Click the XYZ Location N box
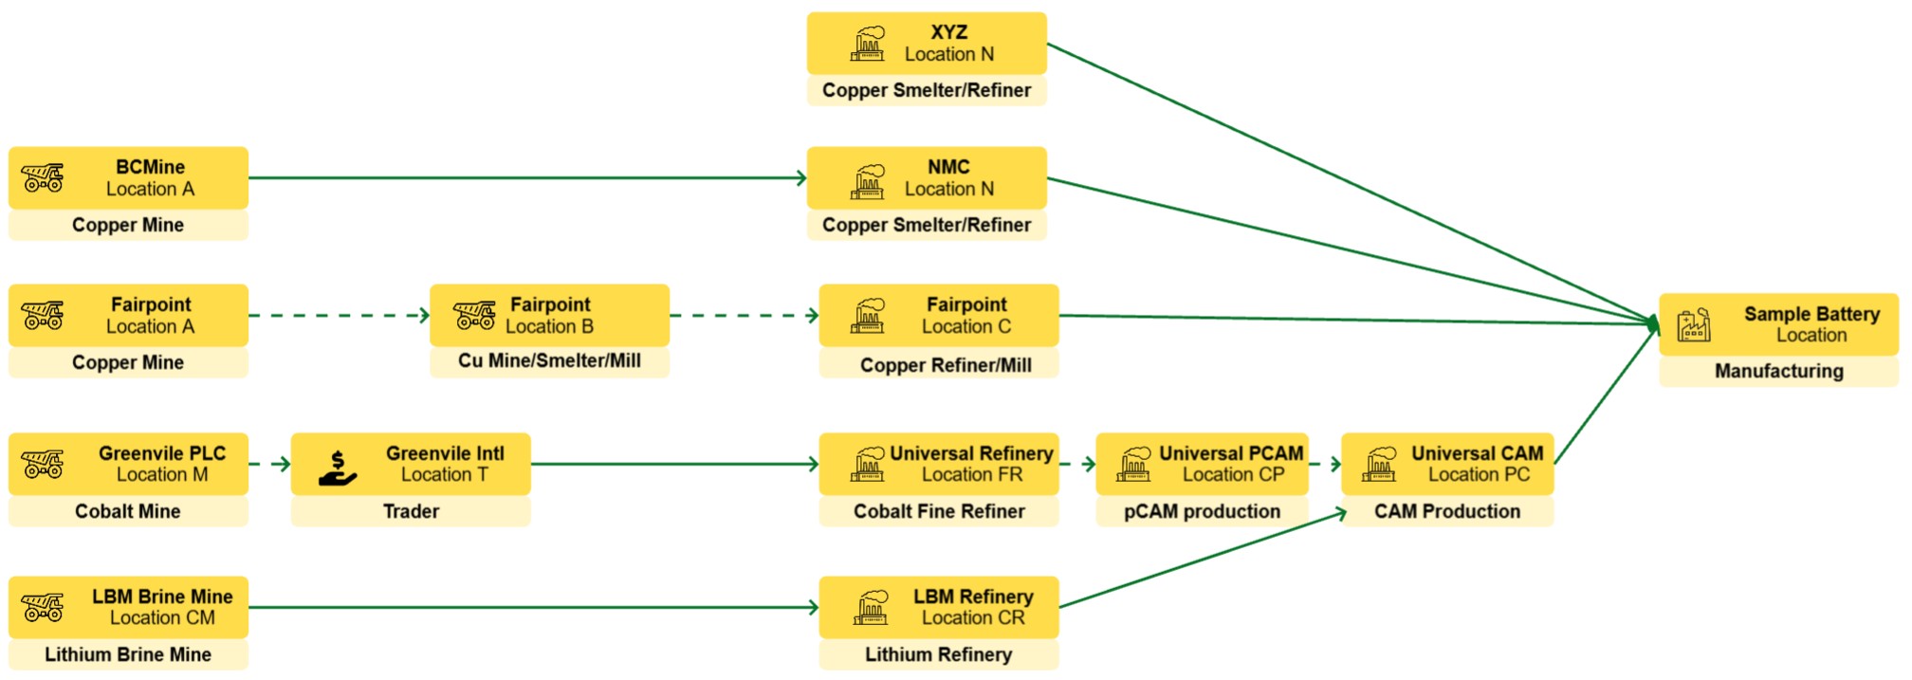pyautogui.click(x=927, y=44)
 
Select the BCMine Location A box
pyautogui.click(x=128, y=178)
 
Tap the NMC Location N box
pyautogui.click(x=927, y=178)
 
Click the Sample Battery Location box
pyautogui.click(x=1778, y=324)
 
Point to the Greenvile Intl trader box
pyautogui.click(x=411, y=465)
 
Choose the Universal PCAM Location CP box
pyautogui.click(x=1202, y=465)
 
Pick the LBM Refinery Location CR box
pyautogui.click(x=939, y=608)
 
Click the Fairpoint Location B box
pyautogui.click(x=549, y=316)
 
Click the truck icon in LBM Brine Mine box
pyautogui.click(x=43, y=607)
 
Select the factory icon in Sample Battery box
pyautogui.click(x=1693, y=324)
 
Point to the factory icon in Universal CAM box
pyautogui.click(x=1379, y=465)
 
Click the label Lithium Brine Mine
pyautogui.click(x=128, y=654)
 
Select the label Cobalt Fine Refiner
pyautogui.click(x=939, y=511)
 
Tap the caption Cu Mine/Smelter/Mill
pyautogui.click(x=549, y=360)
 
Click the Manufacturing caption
pyautogui.click(x=1778, y=371)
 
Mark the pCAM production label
pyautogui.click(x=1202, y=511)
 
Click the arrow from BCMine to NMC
pyautogui.click(x=526, y=178)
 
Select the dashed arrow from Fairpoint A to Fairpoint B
pyautogui.click(x=339, y=316)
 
